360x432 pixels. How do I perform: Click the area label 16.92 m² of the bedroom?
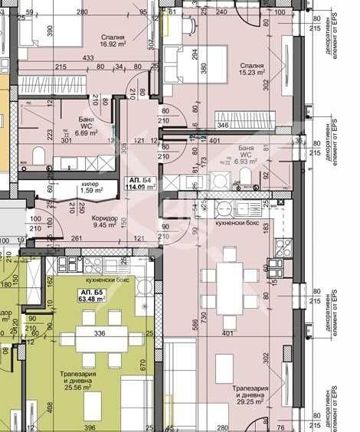pyautogui.click(x=113, y=44)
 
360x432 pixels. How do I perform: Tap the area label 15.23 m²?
pyautogui.click(x=250, y=75)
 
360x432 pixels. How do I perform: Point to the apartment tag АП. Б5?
pyautogui.click(x=90, y=295)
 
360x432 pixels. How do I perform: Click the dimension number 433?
pyautogui.click(x=88, y=57)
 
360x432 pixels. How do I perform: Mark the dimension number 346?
pyautogui.click(x=223, y=124)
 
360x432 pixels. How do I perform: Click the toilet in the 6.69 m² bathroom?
pyautogui.click(x=38, y=157)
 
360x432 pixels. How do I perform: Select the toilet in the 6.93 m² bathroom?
pyautogui.click(x=247, y=179)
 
